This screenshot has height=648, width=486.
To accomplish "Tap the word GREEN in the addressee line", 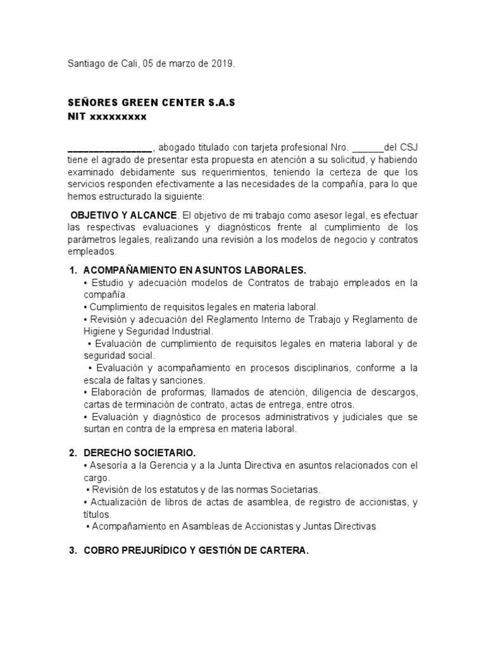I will pyautogui.click(x=132, y=103).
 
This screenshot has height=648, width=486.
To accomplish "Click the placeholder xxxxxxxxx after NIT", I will pyautogui.click(x=118, y=117).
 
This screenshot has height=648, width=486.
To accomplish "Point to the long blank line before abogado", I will pyautogui.click(x=109, y=149).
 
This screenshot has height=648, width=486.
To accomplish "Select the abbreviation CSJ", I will pyautogui.click(x=408, y=147).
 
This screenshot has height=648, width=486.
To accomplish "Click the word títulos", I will pyautogui.click(x=96, y=514).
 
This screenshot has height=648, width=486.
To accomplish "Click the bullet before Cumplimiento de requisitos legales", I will pyautogui.click(x=86, y=307).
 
